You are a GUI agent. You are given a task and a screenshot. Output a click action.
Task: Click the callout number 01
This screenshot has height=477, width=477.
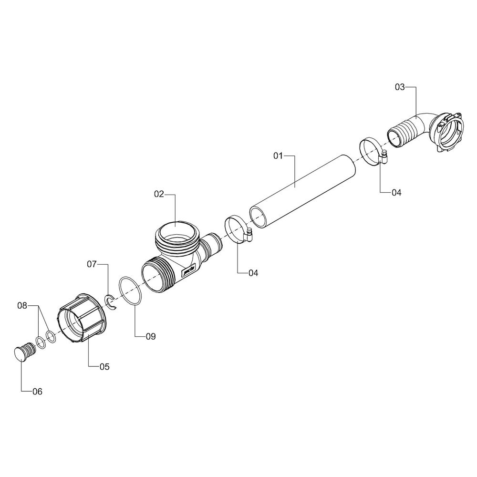[x=278, y=156]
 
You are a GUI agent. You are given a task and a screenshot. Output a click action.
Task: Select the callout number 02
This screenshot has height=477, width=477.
[x=159, y=194]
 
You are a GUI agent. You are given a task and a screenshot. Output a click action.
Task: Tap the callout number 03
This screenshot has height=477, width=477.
[x=400, y=87]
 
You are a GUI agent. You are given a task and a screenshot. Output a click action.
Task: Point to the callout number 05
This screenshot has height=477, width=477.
[x=104, y=367]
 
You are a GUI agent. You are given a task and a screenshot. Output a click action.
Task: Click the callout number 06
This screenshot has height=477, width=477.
[x=37, y=392]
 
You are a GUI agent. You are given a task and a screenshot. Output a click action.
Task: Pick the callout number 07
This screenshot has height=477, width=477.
[x=92, y=264]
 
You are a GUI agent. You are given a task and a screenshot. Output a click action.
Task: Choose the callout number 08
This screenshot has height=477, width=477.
[x=22, y=305]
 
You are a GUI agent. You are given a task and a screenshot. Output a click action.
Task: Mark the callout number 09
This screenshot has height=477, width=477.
[x=151, y=336]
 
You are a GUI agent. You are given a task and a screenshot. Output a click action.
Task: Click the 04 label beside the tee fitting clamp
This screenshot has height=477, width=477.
[x=253, y=273]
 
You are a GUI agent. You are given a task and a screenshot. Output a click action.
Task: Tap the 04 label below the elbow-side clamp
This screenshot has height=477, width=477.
[x=396, y=192]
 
